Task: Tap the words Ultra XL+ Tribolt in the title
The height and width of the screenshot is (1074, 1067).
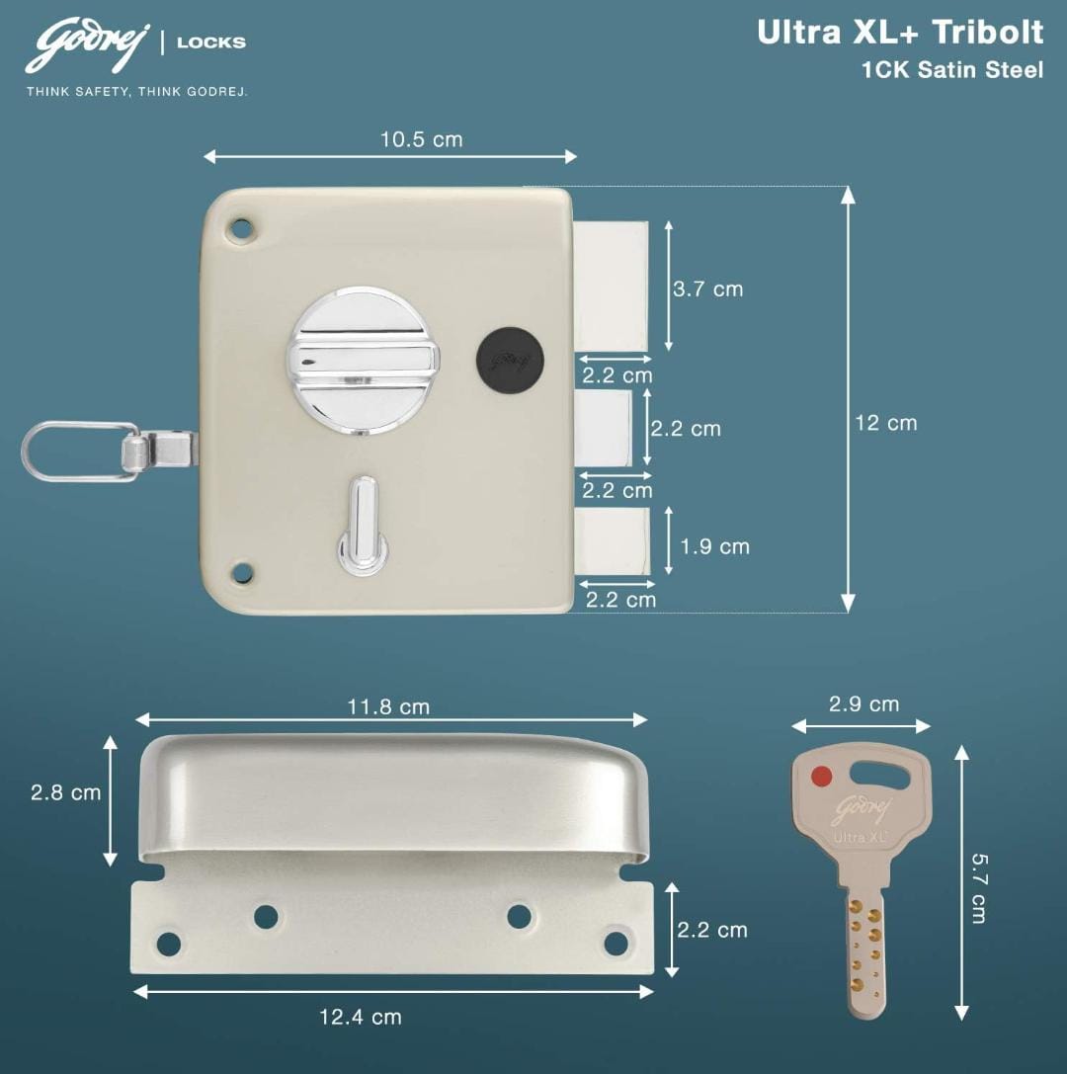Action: point(899,33)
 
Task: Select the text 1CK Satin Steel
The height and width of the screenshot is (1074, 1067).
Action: point(951,70)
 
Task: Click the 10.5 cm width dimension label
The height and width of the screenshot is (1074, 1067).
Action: point(421,139)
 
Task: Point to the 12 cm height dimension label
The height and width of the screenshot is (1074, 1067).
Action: point(885,423)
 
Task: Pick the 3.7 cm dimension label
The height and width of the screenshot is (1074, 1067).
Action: point(707,289)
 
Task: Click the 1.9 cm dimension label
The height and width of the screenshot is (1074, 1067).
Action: point(714,546)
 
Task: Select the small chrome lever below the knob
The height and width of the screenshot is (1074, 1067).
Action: point(363,524)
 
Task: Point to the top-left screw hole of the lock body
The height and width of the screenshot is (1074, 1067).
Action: point(240,228)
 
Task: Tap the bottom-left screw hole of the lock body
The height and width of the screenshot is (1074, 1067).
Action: point(240,572)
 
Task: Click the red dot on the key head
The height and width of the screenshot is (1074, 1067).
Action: point(821,776)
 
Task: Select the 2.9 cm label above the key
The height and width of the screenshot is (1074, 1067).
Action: point(863,704)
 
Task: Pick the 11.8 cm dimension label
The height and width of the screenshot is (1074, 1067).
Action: point(388,707)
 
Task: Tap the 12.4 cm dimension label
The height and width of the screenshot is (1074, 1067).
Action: point(360,1017)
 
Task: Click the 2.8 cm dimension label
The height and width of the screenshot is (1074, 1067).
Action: point(65,792)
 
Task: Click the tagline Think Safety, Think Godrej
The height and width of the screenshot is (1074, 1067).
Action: point(136,92)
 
